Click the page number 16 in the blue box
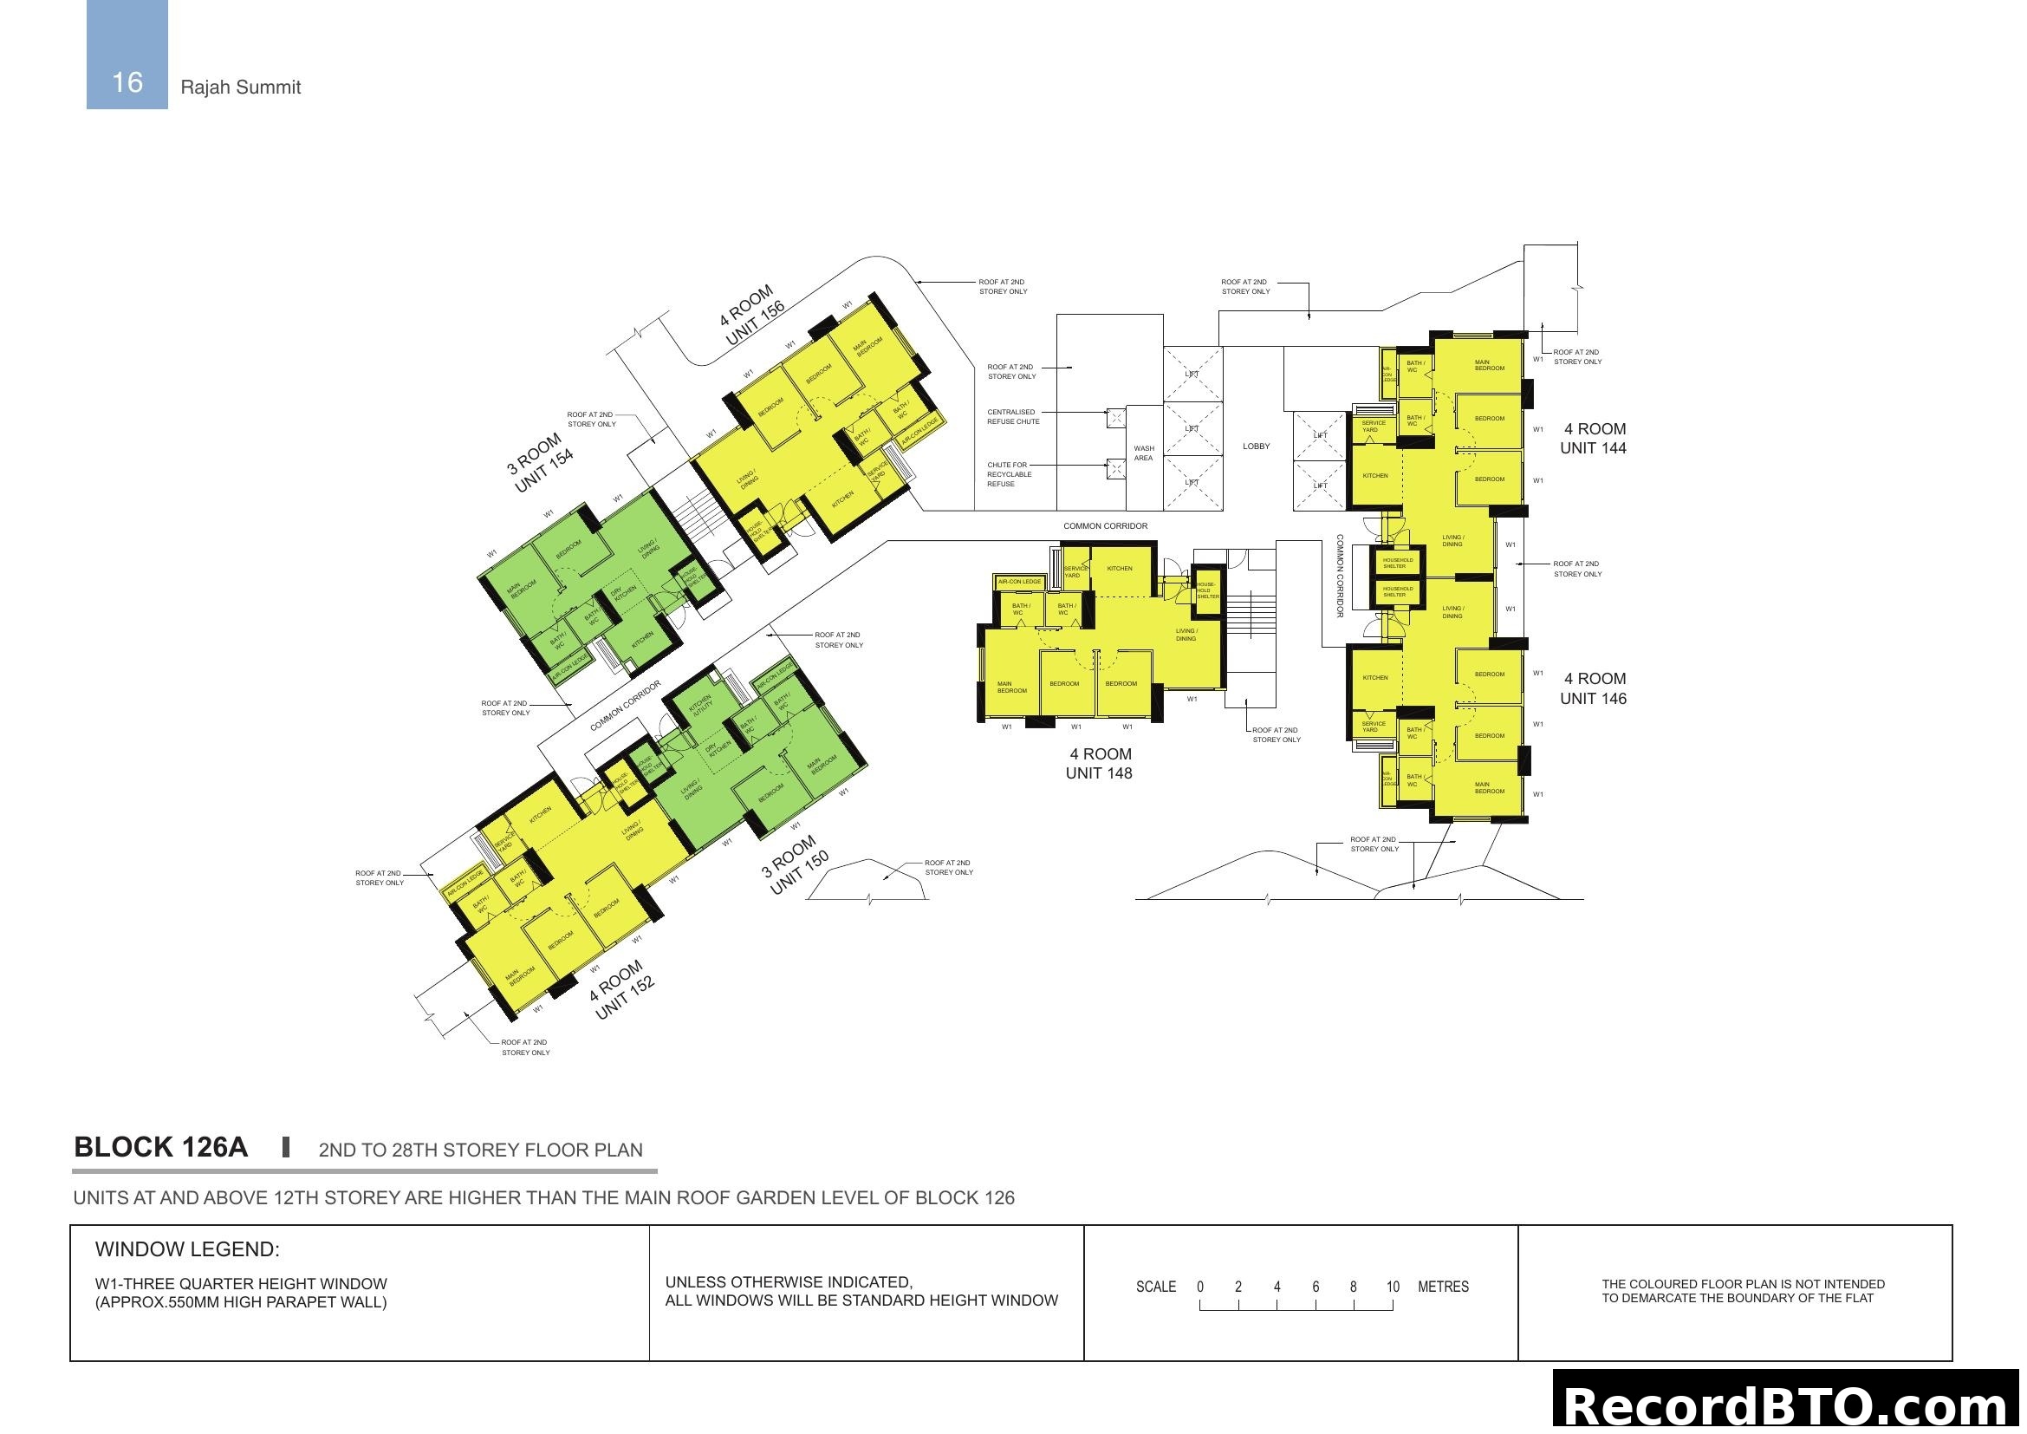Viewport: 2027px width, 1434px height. pos(127,82)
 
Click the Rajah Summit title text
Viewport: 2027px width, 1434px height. pos(240,88)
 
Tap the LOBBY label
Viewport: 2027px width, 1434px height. pos(1257,446)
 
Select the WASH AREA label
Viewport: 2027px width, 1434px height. pos(1143,453)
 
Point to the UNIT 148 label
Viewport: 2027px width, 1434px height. pos(1098,773)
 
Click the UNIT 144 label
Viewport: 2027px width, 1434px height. pos(1593,448)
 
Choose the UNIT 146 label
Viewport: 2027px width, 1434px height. pos(1593,699)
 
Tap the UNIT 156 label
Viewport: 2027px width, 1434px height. pos(755,325)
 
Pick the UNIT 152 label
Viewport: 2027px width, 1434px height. pos(624,999)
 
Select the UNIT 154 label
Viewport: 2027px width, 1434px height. pos(543,471)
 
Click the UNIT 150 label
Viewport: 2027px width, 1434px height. pos(799,872)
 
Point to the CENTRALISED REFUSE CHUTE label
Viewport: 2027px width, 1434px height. pos(1012,417)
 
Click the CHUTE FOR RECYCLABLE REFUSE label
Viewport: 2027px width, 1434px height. pos(1007,474)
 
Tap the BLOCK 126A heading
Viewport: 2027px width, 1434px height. pos(160,1148)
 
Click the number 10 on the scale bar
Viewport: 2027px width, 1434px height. pos(1393,1287)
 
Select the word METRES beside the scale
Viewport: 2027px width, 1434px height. pos(1443,1287)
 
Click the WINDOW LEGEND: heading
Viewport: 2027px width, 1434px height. pos(187,1249)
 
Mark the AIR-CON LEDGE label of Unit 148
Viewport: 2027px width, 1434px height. pos(1020,582)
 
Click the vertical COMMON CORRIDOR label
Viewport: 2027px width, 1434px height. pos(1340,576)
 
